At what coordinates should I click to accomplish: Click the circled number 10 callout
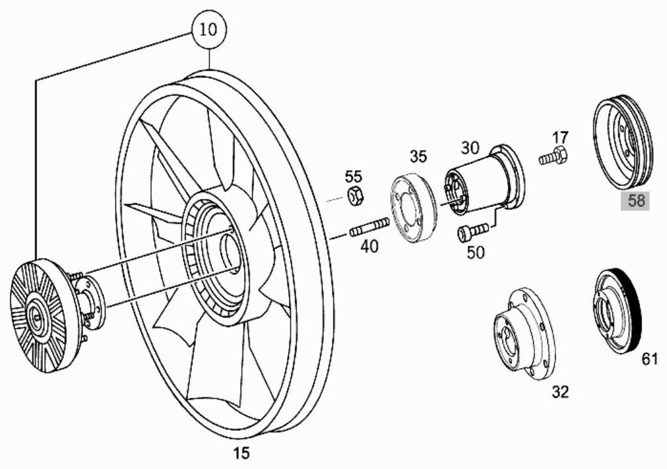(x=209, y=30)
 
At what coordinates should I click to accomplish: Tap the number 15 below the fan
(x=241, y=453)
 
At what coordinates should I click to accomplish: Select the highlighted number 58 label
(x=636, y=200)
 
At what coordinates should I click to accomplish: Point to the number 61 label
(x=649, y=359)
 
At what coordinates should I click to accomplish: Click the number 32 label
(x=560, y=391)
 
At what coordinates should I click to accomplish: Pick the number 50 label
(x=475, y=253)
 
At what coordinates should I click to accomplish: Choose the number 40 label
(x=369, y=246)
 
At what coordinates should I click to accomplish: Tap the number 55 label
(x=354, y=176)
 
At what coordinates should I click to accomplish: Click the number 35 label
(x=418, y=156)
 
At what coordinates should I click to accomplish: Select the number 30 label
(x=470, y=148)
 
